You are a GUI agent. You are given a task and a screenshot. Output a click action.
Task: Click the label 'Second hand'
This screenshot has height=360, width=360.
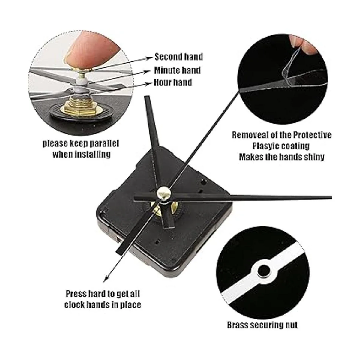(178, 57)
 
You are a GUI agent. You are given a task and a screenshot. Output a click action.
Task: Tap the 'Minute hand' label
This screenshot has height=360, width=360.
(177, 70)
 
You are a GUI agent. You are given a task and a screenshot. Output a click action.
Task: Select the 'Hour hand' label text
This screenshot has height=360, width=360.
(173, 82)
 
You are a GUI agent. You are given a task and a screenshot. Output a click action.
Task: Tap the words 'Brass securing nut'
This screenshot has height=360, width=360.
(262, 325)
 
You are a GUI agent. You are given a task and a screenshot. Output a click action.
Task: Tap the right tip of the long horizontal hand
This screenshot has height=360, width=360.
(332, 197)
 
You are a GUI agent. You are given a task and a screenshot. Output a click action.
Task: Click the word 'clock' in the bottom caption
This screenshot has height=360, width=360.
(75, 305)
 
